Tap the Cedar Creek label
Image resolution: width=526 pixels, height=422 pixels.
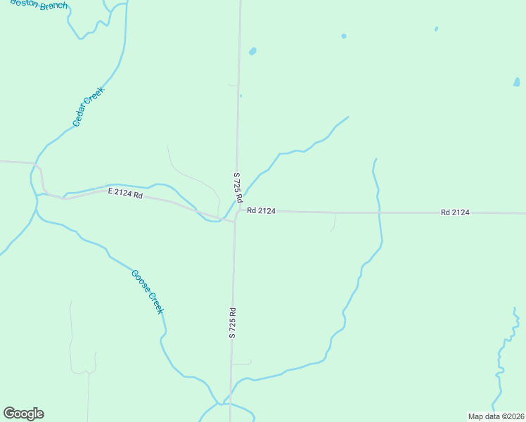click(x=89, y=106)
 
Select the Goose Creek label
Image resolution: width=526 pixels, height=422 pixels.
click(x=148, y=291)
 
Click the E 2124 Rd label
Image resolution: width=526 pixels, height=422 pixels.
click(x=125, y=193)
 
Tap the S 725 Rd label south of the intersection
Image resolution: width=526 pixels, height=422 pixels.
click(x=231, y=322)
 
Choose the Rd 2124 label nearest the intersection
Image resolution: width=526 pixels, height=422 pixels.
click(x=260, y=210)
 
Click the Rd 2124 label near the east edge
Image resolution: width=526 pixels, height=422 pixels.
click(x=455, y=212)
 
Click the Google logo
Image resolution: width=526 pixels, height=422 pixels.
click(x=23, y=414)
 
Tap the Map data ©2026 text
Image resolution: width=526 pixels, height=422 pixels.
click(x=496, y=416)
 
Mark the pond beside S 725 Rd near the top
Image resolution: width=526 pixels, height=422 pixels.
click(x=252, y=51)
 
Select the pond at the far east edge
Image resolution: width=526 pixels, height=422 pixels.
click(x=517, y=82)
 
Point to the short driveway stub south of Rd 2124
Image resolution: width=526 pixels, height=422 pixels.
click(x=334, y=222)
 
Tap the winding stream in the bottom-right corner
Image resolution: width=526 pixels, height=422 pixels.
click(x=501, y=359)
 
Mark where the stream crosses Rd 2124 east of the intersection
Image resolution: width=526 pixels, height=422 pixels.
click(x=379, y=212)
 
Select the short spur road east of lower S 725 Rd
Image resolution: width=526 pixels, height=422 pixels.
click(x=242, y=364)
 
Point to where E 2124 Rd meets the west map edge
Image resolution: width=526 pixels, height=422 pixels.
click(x=2, y=162)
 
